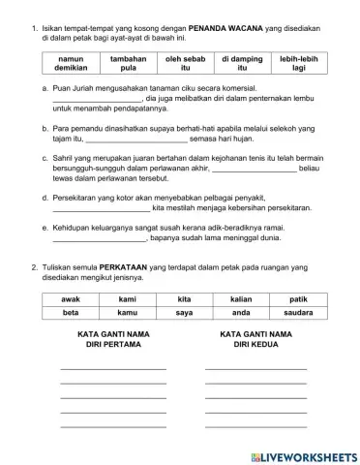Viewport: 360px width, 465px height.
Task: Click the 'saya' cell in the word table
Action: (184, 314)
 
